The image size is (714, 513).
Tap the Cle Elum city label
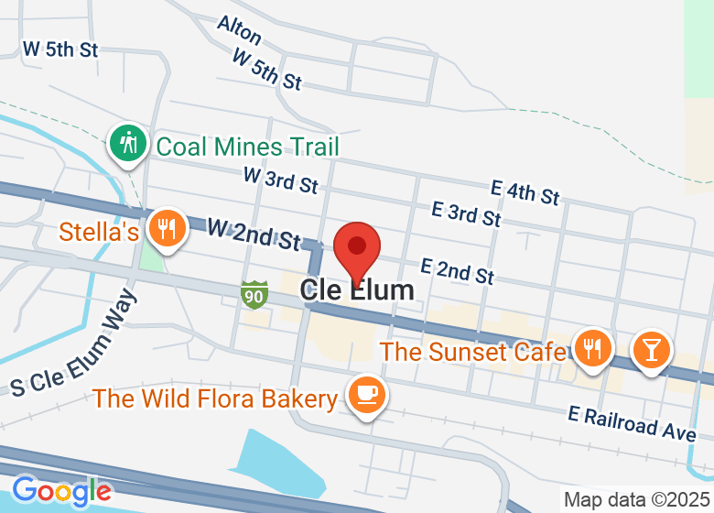357,290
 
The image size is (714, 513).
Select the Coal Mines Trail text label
247,147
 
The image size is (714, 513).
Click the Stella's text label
99,232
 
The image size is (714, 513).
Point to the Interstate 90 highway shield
254,294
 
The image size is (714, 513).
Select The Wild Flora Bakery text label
215,398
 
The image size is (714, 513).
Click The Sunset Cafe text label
472,352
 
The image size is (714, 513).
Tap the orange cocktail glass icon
651,350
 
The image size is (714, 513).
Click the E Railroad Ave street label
632,421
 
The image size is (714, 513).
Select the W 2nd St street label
254,235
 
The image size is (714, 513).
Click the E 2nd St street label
457,270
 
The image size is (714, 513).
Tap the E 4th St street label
525,192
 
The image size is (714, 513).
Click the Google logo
61,491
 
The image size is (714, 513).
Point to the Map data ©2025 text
637,500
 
